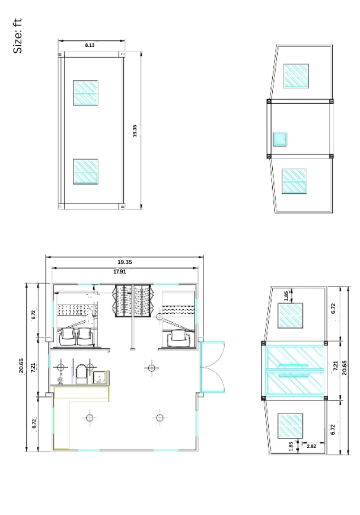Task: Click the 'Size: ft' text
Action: tap(18, 36)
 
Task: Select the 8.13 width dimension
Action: tap(90, 45)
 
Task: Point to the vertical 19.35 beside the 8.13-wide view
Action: tap(135, 131)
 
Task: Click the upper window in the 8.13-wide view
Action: tap(85, 93)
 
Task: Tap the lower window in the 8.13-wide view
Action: tap(85, 171)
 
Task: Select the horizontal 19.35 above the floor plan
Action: tap(125, 262)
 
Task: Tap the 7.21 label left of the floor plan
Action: tap(34, 367)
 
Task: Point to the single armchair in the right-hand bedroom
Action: tap(177, 339)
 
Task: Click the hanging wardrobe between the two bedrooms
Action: tap(134, 301)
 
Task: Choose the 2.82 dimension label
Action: tap(311, 444)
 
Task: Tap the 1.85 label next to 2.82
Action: tap(290, 446)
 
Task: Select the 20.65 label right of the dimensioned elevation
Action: tap(345, 367)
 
